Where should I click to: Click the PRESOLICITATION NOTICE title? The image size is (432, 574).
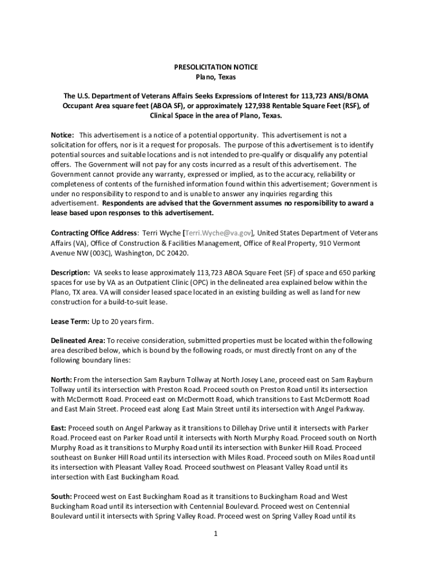216,67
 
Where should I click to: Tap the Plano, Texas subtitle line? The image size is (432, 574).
216,77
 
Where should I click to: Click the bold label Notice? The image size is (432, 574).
62,136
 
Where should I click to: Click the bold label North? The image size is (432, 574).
61,380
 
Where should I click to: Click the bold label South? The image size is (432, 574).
61,497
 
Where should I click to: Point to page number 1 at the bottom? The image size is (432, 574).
215,534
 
